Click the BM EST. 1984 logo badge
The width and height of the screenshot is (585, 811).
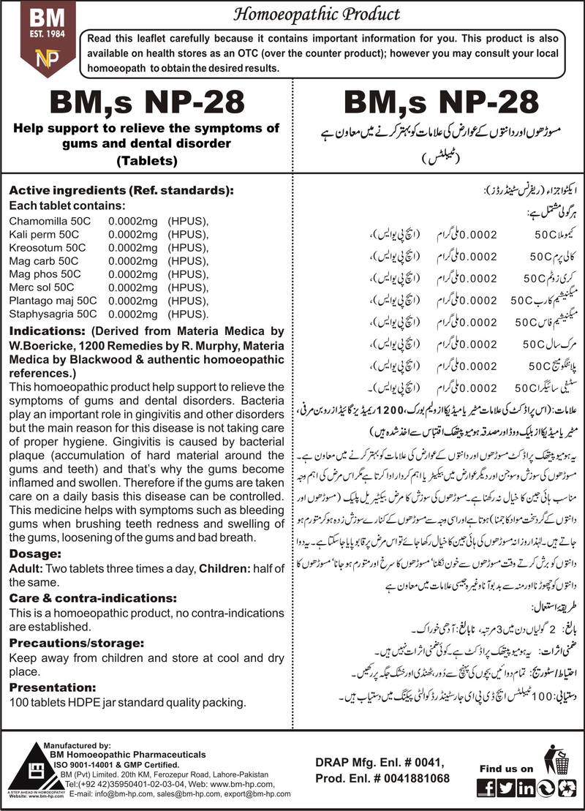point(39,37)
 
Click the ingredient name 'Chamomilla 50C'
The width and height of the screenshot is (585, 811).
point(46,220)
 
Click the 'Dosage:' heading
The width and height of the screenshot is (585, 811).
point(35,554)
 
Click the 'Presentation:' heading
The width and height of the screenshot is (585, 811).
point(52,687)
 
